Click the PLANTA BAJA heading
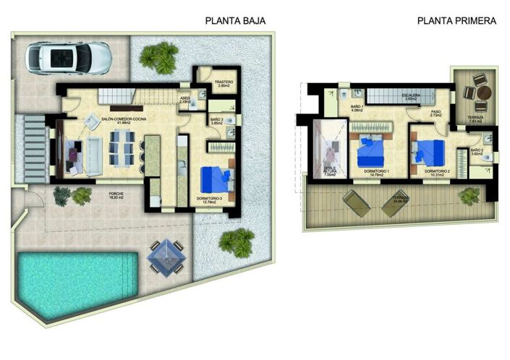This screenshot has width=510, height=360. [236, 21]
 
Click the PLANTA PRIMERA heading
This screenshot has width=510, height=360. [456, 21]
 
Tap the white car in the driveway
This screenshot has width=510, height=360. [68, 57]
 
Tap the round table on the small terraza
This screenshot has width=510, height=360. [484, 93]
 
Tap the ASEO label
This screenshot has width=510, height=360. [184, 99]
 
